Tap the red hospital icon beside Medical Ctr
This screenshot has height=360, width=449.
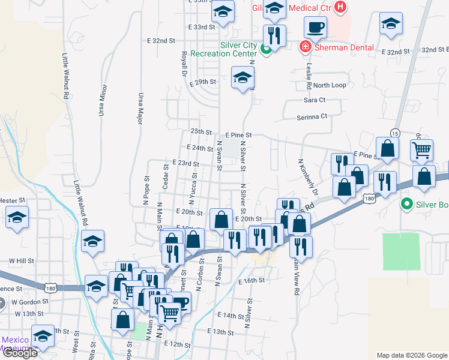(341, 8)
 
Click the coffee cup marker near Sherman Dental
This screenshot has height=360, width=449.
(315, 27)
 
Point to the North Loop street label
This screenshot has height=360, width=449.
(330, 85)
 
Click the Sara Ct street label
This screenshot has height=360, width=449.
(314, 100)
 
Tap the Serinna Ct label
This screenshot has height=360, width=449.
(313, 116)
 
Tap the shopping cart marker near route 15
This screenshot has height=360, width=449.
(422, 149)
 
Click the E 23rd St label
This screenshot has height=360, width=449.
(185, 163)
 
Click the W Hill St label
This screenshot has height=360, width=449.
(20, 261)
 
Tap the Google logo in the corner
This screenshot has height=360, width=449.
(19, 353)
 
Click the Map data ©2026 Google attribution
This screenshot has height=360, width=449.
(412, 355)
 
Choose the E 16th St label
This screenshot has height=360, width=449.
(252, 281)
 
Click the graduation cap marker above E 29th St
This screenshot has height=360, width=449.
(243, 78)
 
